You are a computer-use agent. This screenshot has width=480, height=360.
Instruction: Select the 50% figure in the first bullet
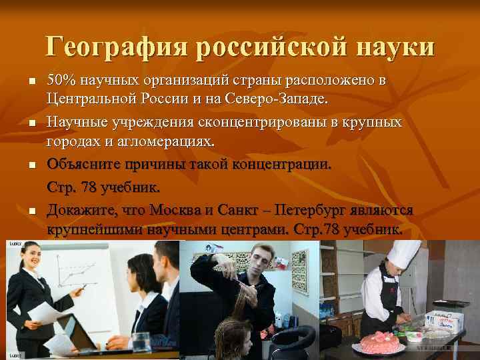point(61,81)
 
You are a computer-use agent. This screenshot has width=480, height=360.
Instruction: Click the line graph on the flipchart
point(74,273)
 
